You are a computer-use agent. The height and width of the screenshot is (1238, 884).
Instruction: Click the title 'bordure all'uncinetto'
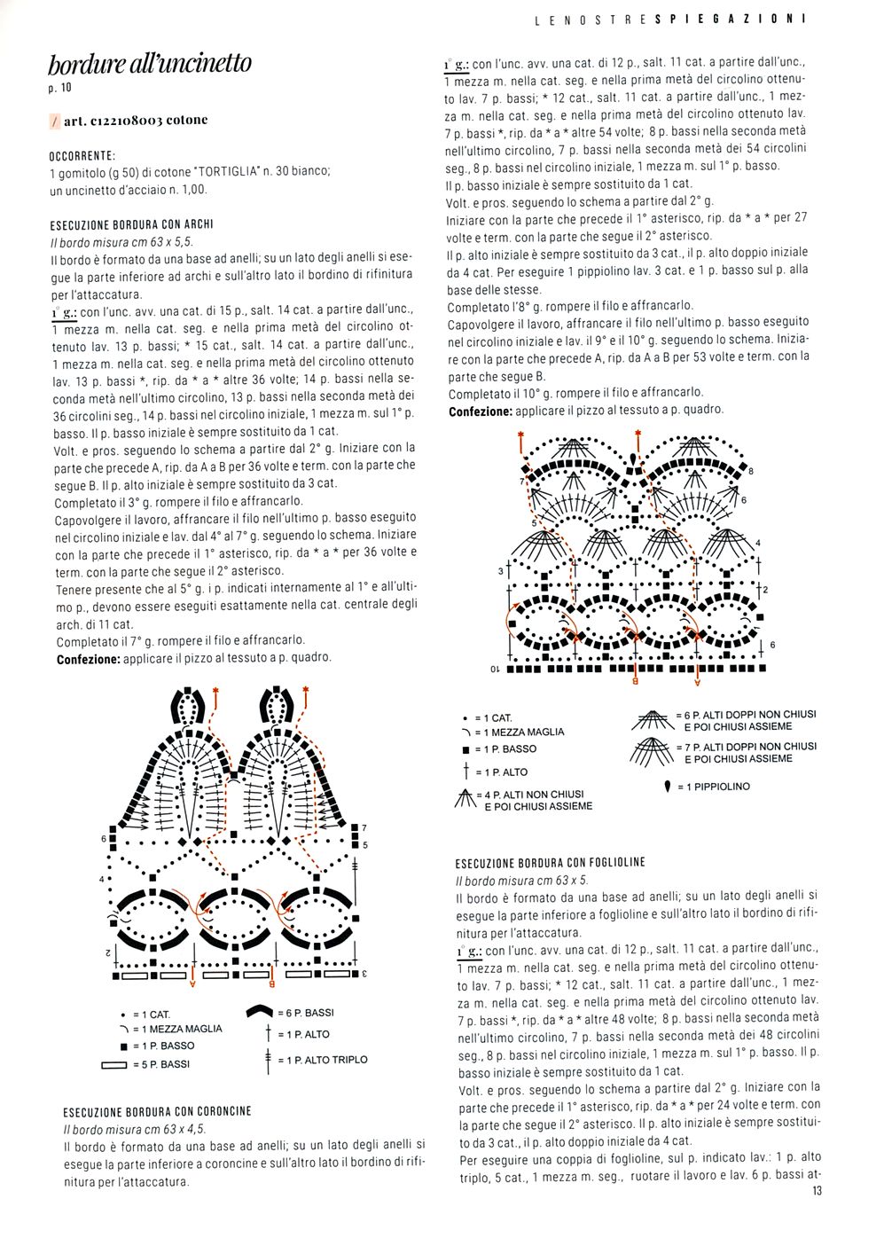coord(149,64)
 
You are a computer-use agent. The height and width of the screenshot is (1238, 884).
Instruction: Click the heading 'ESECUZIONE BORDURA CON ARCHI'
coord(132,224)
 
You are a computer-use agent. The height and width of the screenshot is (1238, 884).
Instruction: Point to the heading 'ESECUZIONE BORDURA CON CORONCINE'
coord(157,1111)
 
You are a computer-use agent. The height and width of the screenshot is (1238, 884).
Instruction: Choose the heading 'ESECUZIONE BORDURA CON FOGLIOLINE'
coord(550,862)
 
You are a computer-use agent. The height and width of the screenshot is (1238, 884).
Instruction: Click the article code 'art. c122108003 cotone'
coord(136,121)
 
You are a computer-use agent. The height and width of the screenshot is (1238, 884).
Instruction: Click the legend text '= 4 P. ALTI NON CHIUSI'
coord(529,795)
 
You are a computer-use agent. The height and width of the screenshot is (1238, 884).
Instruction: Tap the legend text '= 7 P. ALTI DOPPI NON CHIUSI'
coord(745,747)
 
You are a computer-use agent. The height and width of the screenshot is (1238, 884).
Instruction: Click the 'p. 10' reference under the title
coord(59,88)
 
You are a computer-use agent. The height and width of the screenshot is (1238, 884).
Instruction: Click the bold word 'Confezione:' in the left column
coord(88,659)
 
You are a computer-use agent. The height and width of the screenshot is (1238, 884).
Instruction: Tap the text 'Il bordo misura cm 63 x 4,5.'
coord(134,1129)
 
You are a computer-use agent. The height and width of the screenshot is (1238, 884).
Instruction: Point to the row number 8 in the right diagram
coord(751,471)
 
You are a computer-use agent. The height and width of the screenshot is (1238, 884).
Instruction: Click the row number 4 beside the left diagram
coord(101,880)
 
